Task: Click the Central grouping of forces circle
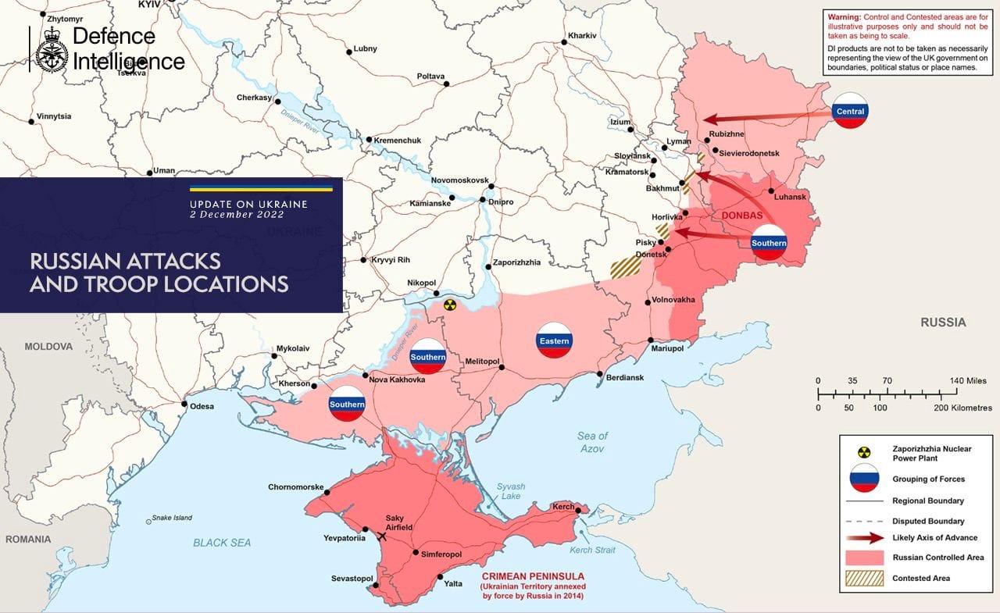(x=850, y=111)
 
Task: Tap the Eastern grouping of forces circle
(x=554, y=340)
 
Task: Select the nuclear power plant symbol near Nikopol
(x=448, y=305)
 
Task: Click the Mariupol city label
(x=667, y=349)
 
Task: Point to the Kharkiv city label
(x=582, y=36)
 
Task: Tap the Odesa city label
(x=202, y=405)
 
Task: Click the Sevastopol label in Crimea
(x=352, y=579)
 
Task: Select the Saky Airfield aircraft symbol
(x=382, y=536)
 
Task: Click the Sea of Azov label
(x=593, y=442)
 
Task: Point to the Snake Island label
(x=172, y=518)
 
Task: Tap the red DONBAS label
(x=741, y=216)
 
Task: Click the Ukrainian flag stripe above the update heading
(x=261, y=188)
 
